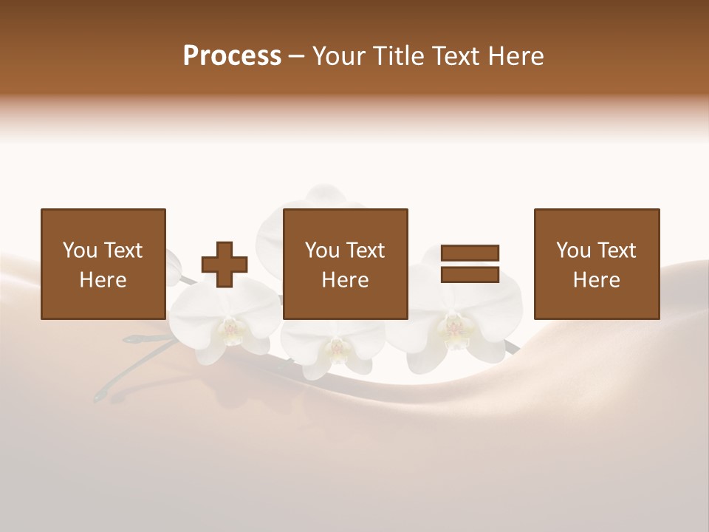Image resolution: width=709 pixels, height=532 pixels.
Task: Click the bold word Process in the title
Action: (x=232, y=56)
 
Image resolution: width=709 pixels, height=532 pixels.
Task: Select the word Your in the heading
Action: (x=339, y=56)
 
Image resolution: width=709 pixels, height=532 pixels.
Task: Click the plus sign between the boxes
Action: (x=225, y=265)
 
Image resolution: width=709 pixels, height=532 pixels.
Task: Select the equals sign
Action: (x=470, y=264)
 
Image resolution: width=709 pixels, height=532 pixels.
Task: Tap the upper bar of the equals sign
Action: (x=470, y=253)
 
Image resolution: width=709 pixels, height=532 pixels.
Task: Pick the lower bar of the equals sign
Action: (x=470, y=274)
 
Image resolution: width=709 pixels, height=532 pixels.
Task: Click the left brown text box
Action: (x=103, y=264)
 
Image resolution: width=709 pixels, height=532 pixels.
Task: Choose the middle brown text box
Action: (x=346, y=264)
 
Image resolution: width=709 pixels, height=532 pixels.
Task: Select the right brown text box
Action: (x=597, y=264)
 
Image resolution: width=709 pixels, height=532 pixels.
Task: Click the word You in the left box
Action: (x=78, y=250)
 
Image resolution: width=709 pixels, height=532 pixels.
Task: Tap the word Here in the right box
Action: (x=596, y=280)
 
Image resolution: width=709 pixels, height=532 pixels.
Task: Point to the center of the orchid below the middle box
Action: (x=337, y=346)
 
